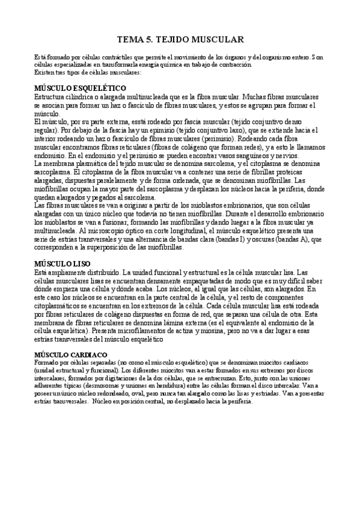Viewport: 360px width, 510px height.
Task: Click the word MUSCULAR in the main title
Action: pos(216,40)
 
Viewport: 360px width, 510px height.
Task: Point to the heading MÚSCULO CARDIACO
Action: pos(71,355)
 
